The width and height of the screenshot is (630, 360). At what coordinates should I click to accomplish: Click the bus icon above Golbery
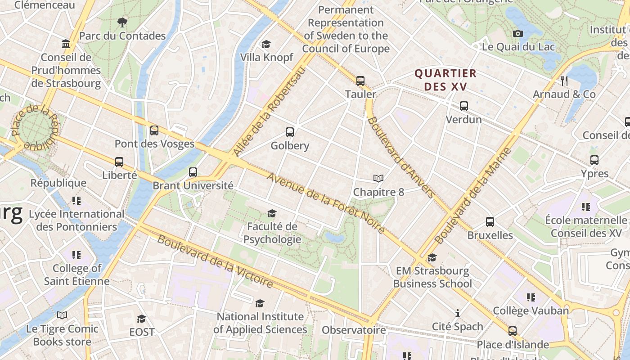pyautogui.click(x=290, y=132)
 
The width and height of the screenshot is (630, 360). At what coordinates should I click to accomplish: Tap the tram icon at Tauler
pyautogui.click(x=360, y=81)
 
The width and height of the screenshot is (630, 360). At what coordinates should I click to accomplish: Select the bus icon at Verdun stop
pyautogui.click(x=463, y=107)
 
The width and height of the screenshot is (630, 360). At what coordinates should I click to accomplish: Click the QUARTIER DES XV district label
pyautogui.click(x=445, y=80)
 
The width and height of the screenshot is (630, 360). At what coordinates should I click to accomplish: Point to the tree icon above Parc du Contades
pyautogui.click(x=122, y=22)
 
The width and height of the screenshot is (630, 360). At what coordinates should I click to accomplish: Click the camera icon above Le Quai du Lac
pyautogui.click(x=517, y=33)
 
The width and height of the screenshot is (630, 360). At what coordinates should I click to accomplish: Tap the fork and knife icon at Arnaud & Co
pyautogui.click(x=564, y=81)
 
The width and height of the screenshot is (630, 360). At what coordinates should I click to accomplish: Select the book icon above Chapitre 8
pyautogui.click(x=378, y=179)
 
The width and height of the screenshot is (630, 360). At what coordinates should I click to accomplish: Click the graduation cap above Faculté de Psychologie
pyautogui.click(x=272, y=213)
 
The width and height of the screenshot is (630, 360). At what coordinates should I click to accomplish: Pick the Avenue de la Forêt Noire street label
pyautogui.click(x=326, y=203)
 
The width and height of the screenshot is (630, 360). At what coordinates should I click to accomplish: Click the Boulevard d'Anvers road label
pyautogui.click(x=400, y=157)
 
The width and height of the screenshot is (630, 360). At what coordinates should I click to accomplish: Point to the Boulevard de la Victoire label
pyautogui.click(x=215, y=261)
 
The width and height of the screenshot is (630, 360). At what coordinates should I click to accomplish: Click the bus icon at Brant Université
pyautogui.click(x=193, y=172)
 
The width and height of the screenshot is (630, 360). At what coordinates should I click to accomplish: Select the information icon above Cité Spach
pyautogui.click(x=458, y=313)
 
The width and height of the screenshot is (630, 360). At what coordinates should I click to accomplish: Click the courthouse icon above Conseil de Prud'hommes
pyautogui.click(x=66, y=44)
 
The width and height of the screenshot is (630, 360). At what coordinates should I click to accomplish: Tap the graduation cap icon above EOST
pyautogui.click(x=141, y=319)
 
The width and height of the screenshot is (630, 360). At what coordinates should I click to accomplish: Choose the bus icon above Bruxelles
pyautogui.click(x=490, y=222)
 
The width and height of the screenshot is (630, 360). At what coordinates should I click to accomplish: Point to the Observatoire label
pyautogui.click(x=354, y=330)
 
